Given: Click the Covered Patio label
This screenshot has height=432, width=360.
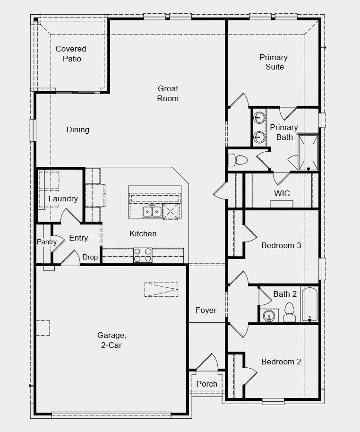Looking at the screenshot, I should coord(71,54).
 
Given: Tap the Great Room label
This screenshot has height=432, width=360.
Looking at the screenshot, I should coord(168,94).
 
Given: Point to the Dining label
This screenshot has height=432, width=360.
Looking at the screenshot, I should coord(78,130).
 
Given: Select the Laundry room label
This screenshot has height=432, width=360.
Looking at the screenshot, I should coord(63,199).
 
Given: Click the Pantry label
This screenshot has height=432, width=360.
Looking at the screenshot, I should coord(47,242).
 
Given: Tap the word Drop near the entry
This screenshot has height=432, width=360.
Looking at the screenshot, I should coord(90,257).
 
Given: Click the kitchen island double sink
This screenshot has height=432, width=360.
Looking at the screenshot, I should coord(152,211).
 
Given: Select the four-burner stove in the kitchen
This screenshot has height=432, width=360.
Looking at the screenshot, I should coord(143,255).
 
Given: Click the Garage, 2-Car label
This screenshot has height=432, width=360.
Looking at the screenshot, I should coord(112,340).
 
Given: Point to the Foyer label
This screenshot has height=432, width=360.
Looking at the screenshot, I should coord(206,310).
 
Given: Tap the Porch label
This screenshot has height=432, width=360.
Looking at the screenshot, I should coord(207,384).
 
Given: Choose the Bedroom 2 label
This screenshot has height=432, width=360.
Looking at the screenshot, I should coord(281,362).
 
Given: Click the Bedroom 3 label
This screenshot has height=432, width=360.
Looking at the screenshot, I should coord(281,245).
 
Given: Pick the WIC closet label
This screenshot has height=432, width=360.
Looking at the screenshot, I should coord(282,193).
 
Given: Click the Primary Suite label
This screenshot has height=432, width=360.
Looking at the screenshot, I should coord(274,62).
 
